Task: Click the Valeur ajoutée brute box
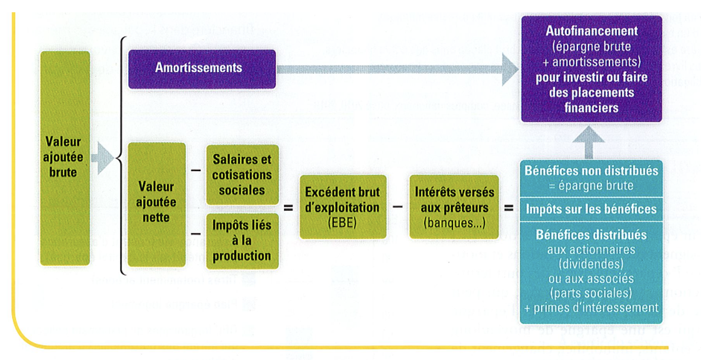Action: pos(65,158)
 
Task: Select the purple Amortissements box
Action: pos(202,69)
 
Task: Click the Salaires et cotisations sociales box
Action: pos(242,175)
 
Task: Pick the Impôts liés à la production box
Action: pos(242,240)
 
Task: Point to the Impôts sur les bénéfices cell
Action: pos(591,209)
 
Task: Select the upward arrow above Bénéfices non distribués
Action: pos(588,142)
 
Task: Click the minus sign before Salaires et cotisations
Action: pos(196,170)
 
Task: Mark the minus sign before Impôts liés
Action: pos(196,234)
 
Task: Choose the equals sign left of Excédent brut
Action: pos(288,207)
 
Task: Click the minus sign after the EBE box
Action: pos(397,207)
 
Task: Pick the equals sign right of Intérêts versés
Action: pos(509,207)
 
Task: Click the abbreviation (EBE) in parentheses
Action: pos(342,223)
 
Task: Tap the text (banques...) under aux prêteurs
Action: pos(454,223)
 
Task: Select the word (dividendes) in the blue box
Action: pos(591,264)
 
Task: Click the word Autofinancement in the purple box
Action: pos(591,31)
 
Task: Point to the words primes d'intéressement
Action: pos(596,308)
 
